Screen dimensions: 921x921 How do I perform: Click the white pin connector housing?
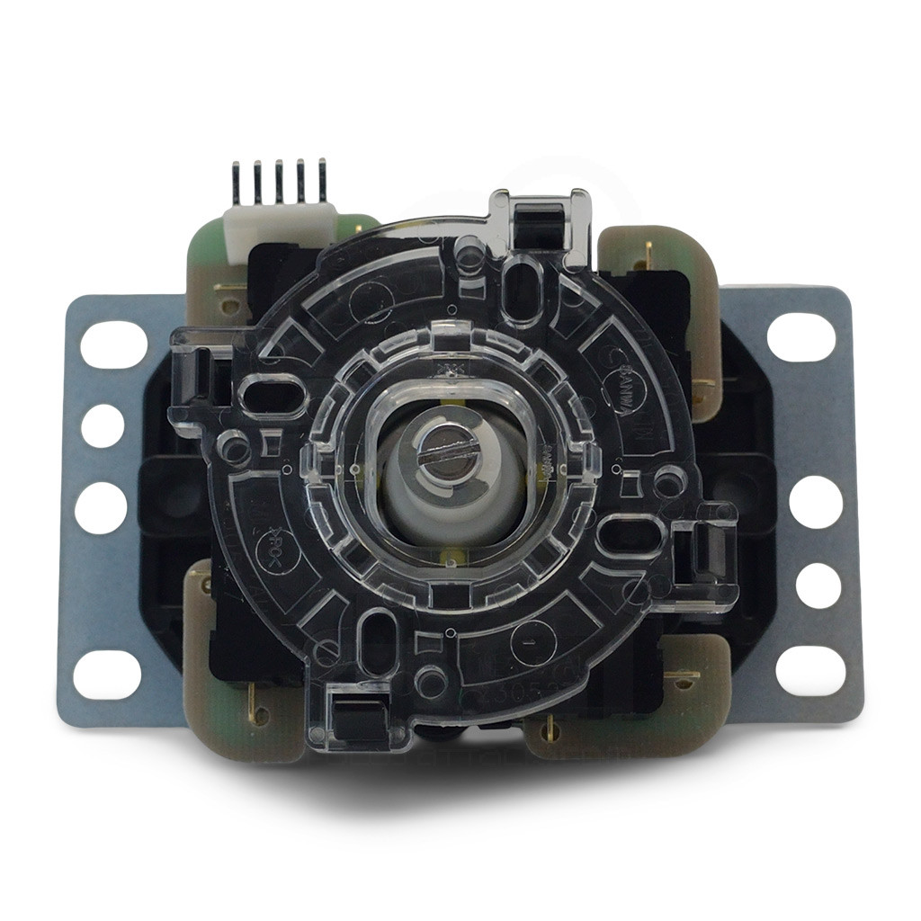coord(279,221)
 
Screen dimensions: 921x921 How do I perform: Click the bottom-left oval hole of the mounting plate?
coord(107,674)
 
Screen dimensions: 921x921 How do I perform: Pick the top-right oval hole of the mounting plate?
coord(801,336)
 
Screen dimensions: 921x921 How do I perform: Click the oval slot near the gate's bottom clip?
coord(379,639)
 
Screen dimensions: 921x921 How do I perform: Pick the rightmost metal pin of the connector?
coord(322,180)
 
